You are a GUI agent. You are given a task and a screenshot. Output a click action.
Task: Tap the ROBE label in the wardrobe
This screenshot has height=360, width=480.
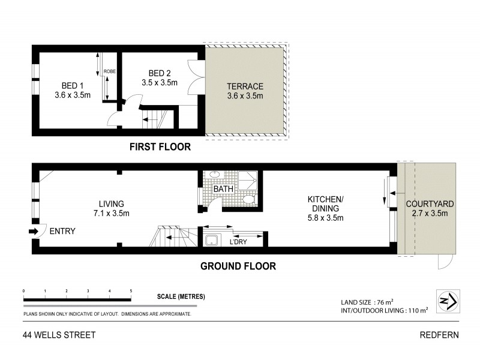pos(109,71)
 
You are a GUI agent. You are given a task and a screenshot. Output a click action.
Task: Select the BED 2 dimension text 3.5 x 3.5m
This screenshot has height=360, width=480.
pos(160,83)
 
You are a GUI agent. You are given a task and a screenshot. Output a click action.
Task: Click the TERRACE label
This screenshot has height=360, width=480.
pos(245,85)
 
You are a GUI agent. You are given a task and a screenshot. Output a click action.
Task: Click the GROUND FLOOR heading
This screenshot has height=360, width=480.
pos(238,266)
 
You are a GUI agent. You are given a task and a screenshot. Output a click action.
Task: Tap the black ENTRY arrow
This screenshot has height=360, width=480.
pos(34,231)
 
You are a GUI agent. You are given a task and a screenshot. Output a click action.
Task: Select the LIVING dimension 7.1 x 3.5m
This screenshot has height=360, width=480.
pos(112,213)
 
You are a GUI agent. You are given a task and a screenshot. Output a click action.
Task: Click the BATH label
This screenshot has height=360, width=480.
pos(223,190)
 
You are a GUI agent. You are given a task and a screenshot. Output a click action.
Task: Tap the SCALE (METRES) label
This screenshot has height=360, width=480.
pos(181,297)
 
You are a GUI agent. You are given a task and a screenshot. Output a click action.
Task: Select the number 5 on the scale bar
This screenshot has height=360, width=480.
pos(131,291)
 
